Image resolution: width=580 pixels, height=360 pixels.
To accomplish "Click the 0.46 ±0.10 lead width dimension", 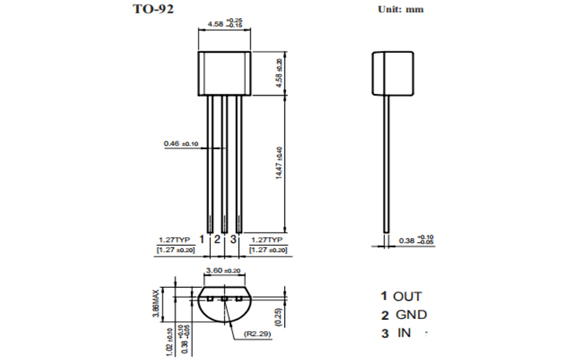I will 179,144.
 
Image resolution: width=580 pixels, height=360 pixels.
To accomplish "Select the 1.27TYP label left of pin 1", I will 176,240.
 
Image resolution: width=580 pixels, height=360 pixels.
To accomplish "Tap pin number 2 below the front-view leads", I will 220,240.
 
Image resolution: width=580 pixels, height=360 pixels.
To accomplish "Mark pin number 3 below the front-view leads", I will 235,240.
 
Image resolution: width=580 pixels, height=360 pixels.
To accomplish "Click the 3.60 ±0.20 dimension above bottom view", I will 221,271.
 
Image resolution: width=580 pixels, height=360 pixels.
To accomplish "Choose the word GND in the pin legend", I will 415,314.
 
